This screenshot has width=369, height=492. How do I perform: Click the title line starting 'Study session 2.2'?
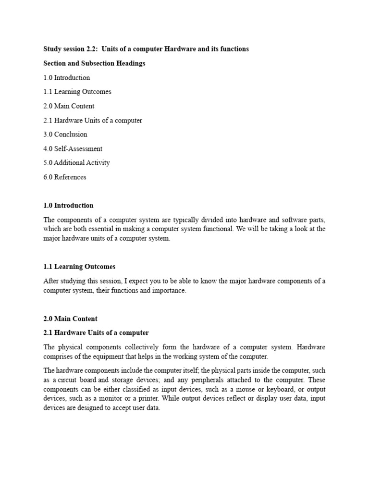(x=146, y=49)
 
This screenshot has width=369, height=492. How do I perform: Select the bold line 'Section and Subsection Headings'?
(x=94, y=63)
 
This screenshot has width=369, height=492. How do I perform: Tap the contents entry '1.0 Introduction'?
(x=67, y=77)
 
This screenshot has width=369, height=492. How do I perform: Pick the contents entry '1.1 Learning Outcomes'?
(x=77, y=92)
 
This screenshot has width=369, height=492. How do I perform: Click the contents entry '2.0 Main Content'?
(x=69, y=106)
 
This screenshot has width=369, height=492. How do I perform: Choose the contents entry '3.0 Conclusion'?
(x=65, y=134)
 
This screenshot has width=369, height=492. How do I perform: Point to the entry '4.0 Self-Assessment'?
(x=73, y=148)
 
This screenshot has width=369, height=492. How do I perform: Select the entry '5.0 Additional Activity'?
(x=77, y=162)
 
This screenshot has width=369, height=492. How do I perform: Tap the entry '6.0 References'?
(x=65, y=177)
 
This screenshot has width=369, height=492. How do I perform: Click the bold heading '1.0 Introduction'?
(x=68, y=205)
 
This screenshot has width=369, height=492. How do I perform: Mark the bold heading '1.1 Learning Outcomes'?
(x=79, y=267)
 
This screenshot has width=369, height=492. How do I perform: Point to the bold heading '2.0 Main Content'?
(x=71, y=319)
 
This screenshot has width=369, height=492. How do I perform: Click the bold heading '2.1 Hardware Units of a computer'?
(x=96, y=332)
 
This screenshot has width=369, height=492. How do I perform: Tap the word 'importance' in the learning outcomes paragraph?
(x=169, y=291)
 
